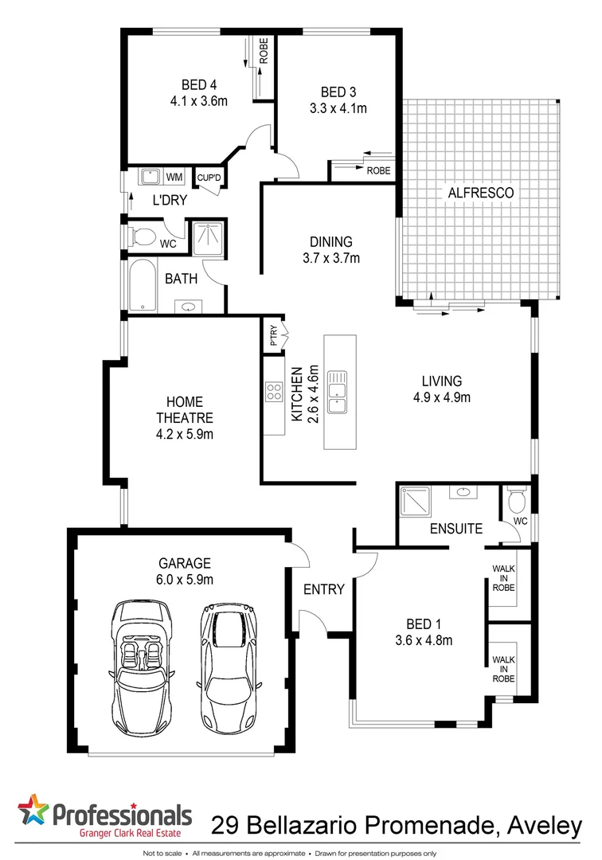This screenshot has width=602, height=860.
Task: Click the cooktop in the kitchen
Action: tap(275, 392)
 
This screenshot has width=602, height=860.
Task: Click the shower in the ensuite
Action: tap(414, 502)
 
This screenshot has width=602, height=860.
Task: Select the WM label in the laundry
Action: tap(174, 177)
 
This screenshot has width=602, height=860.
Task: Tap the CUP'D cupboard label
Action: tap(209, 178)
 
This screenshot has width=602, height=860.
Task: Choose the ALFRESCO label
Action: tap(480, 193)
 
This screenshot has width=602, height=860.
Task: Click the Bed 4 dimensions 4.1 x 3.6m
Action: tap(199, 101)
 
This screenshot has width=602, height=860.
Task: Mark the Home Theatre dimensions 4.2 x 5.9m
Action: tap(184, 434)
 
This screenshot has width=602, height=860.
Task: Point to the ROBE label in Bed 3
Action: tap(378, 170)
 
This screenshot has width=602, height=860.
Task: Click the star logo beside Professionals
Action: tap(33, 812)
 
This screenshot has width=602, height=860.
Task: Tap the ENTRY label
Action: tap(324, 589)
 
